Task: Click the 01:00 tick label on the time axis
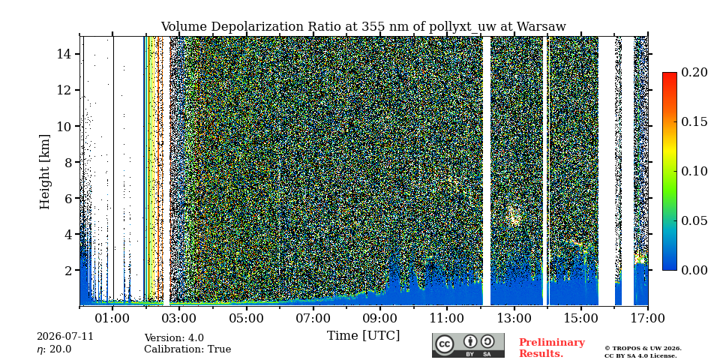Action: tap(113, 317)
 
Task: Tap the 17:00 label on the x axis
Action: tap(647, 317)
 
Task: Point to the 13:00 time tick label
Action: tap(514, 317)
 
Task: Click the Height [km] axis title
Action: tap(44, 172)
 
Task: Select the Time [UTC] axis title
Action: tap(363, 336)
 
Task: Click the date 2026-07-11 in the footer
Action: tap(65, 337)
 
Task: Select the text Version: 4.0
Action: tap(174, 338)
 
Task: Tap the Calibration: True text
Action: tap(187, 349)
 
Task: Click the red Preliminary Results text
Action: tap(552, 348)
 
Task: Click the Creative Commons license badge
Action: tap(468, 345)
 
